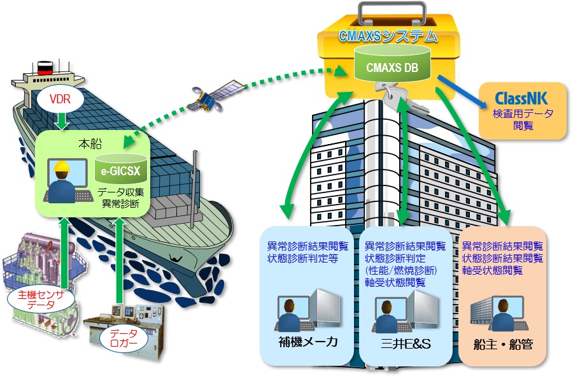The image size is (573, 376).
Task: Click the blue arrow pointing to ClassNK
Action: point(458,90)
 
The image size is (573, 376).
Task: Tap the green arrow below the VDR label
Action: point(59,121)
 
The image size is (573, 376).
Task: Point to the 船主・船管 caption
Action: point(503,345)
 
